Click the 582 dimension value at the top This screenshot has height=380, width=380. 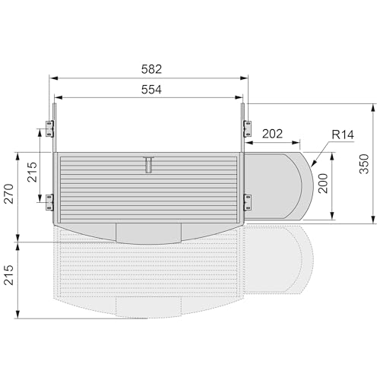(150, 68)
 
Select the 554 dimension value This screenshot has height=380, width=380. (150, 89)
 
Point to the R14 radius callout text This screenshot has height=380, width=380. (322, 135)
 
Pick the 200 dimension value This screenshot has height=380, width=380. (323, 183)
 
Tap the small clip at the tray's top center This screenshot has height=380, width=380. (149, 163)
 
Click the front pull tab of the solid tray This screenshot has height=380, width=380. (149, 232)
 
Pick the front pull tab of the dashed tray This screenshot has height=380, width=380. (149, 306)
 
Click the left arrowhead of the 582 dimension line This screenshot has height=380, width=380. (55, 78)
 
